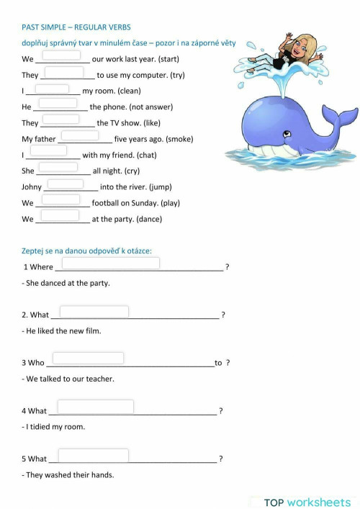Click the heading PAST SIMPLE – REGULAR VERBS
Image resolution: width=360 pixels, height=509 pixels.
point(76,27)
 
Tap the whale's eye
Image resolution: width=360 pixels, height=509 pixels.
point(287,134)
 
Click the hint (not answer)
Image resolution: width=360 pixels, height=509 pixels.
point(150,107)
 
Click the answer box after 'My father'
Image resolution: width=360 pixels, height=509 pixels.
point(80,135)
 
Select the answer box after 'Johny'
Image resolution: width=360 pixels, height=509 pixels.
point(66,184)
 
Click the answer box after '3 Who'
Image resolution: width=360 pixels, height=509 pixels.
point(88,359)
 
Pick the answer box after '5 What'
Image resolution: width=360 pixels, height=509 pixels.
point(93,455)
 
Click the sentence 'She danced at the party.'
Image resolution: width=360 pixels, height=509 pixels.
point(66,283)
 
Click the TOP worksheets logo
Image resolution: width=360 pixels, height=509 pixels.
point(307,502)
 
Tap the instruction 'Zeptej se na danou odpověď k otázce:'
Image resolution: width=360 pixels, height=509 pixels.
point(86,251)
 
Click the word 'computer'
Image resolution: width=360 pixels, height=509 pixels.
point(149,75)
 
